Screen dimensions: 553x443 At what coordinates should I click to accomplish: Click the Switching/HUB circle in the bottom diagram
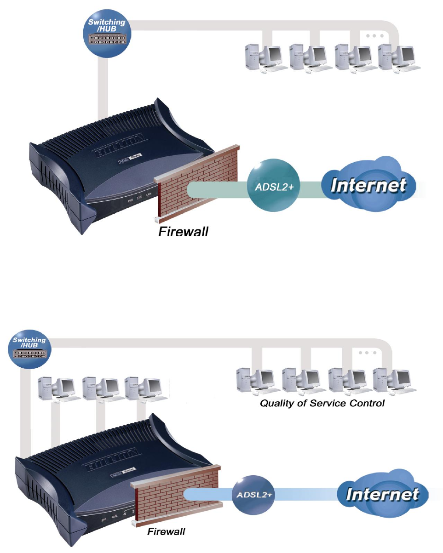(29, 350)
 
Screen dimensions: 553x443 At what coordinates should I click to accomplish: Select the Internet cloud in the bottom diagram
(382, 494)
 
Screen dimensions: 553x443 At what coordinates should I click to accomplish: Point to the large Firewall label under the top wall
(183, 231)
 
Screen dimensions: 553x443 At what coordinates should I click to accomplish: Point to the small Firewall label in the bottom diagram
(166, 531)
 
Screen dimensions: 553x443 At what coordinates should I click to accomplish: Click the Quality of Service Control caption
(322, 404)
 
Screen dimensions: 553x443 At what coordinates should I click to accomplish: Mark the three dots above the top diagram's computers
(375, 36)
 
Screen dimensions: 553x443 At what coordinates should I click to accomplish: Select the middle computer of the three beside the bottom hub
(99, 389)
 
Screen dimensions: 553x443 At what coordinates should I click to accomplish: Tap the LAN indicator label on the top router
(149, 196)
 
